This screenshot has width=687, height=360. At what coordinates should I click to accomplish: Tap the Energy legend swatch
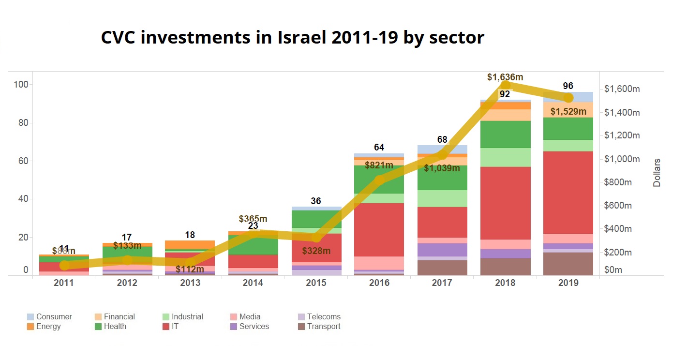coord(30,327)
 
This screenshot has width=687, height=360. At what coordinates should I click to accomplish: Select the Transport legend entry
coord(323,327)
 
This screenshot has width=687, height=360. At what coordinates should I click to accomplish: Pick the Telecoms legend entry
coord(323,317)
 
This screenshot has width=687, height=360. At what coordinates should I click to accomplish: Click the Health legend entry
coord(115,327)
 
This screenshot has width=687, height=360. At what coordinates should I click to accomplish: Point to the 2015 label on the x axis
coord(316,283)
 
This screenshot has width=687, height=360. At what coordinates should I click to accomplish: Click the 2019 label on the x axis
coord(568,283)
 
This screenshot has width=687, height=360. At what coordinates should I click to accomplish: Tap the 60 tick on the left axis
coord(22,161)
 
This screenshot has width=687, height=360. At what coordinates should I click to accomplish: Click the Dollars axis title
coord(657,172)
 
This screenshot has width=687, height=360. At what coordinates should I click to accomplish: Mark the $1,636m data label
coord(505,77)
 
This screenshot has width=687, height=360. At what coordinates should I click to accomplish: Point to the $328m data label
coord(316,251)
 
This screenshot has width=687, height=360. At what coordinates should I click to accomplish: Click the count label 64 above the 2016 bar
coord(379,148)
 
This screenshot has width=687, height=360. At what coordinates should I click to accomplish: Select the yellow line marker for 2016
coord(379,180)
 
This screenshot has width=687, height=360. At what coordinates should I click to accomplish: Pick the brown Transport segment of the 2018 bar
coord(505,267)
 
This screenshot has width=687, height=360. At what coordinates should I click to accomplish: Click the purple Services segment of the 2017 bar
coord(442,250)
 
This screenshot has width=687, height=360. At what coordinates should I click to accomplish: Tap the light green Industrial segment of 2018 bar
coord(505,157)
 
